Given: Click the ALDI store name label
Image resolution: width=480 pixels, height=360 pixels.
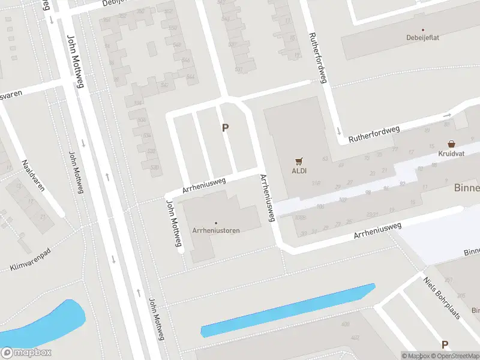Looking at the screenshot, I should (x=299, y=170).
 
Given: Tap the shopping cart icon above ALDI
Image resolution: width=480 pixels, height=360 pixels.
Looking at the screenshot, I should (x=299, y=161).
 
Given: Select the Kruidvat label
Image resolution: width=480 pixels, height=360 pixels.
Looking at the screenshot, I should (x=451, y=154).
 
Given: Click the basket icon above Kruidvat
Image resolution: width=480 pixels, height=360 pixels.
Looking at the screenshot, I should (x=451, y=144).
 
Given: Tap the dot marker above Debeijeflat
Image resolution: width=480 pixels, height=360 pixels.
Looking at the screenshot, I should (x=422, y=29).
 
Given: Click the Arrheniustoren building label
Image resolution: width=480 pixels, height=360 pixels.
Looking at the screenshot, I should (x=216, y=231).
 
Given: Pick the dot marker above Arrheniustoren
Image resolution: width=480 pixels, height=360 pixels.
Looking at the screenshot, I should (x=216, y=223).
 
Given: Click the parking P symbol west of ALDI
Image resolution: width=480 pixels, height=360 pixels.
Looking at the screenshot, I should (x=226, y=127).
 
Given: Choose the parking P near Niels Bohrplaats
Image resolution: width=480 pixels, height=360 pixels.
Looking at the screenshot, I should (x=445, y=344).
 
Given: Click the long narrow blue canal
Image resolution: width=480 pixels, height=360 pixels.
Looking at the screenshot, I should (x=288, y=310).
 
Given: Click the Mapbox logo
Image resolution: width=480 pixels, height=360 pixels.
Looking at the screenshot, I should (x=26, y=353).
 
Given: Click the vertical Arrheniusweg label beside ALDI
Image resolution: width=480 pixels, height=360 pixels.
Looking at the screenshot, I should (x=267, y=198).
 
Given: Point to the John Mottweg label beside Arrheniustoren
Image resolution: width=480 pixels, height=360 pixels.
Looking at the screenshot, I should (x=173, y=226).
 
